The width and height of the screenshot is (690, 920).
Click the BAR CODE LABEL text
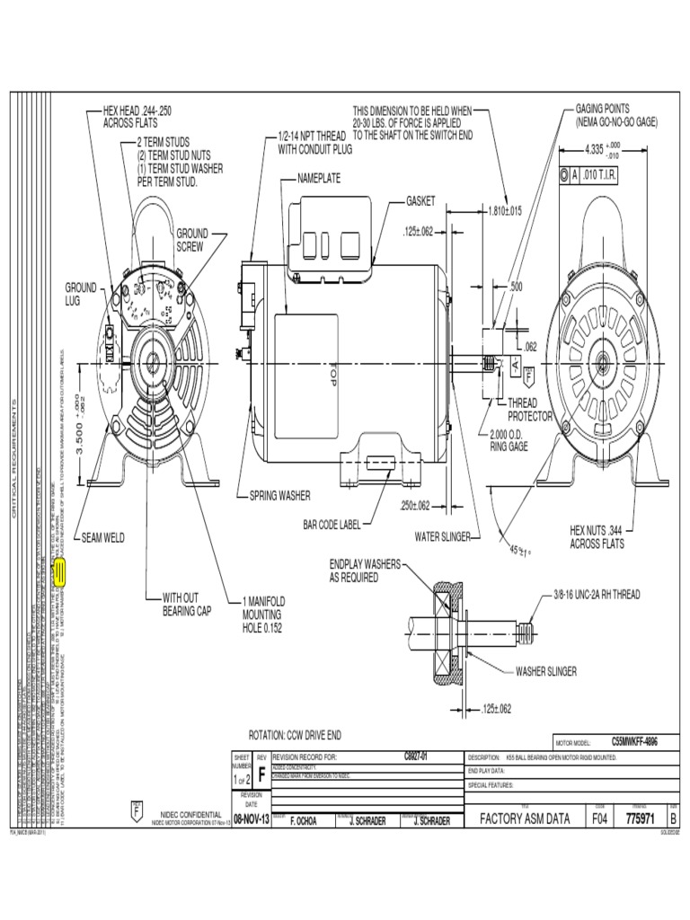[x=335, y=523]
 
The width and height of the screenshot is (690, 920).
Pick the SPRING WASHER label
[x=274, y=495]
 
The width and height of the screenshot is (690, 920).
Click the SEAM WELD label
[x=103, y=538]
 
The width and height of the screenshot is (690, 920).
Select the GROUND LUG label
[x=80, y=294]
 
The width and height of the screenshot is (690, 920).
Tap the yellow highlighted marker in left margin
[x=60, y=571]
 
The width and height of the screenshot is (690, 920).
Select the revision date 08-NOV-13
[x=251, y=819]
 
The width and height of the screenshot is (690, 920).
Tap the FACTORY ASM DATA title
[x=525, y=818]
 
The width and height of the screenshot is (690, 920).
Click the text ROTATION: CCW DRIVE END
[x=295, y=734]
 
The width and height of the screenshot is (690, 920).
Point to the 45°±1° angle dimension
[x=521, y=550]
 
